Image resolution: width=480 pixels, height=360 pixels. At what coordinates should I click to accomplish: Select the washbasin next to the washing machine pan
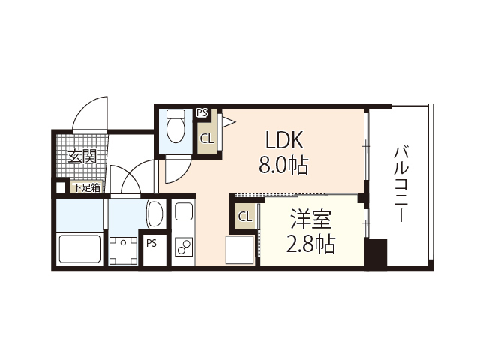tap(155, 214)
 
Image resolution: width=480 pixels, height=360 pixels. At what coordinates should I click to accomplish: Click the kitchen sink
tap(183, 213)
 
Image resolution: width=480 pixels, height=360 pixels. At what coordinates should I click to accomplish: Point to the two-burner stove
tap(183, 246)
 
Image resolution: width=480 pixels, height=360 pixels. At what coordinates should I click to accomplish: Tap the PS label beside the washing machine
tap(151, 243)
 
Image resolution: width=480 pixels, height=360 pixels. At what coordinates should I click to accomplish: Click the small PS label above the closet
tap(202, 112)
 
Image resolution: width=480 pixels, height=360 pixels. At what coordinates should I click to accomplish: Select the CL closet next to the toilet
tap(207, 138)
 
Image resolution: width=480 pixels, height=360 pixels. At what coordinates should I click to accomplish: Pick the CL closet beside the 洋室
tap(244, 217)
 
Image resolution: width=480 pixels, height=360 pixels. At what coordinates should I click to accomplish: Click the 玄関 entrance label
tap(82, 157)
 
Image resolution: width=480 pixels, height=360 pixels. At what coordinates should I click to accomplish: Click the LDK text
tap(283, 140)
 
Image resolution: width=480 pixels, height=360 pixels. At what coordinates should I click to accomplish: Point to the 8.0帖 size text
tap(283, 165)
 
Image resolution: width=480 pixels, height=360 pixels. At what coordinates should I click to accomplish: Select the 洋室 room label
tap(310, 220)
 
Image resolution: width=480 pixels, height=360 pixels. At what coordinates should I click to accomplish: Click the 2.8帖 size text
tap(310, 244)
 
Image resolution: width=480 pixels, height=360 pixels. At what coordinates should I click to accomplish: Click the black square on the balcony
tap(376, 253)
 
